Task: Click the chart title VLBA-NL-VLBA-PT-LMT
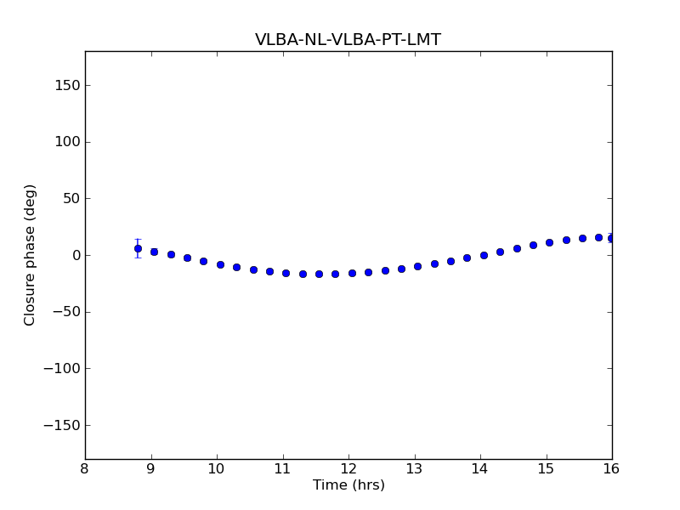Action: [348, 40]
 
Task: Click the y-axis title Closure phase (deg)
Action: [31, 255]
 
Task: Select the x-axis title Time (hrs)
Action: [348, 485]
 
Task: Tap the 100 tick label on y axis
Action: [66, 142]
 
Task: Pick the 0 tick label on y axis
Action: [74, 255]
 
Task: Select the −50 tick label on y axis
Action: [65, 312]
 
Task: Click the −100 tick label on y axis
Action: [60, 369]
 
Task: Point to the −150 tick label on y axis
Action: [60, 425]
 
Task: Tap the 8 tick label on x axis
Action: [85, 469]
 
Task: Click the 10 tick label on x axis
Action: [217, 469]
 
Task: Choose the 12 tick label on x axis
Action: [348, 469]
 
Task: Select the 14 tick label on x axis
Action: [480, 469]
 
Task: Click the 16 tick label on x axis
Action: [612, 469]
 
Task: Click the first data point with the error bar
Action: [138, 248]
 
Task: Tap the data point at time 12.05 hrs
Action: [352, 273]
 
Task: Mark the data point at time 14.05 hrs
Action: [484, 255]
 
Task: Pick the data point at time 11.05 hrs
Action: [286, 273]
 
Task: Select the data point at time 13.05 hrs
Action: [417, 266]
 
